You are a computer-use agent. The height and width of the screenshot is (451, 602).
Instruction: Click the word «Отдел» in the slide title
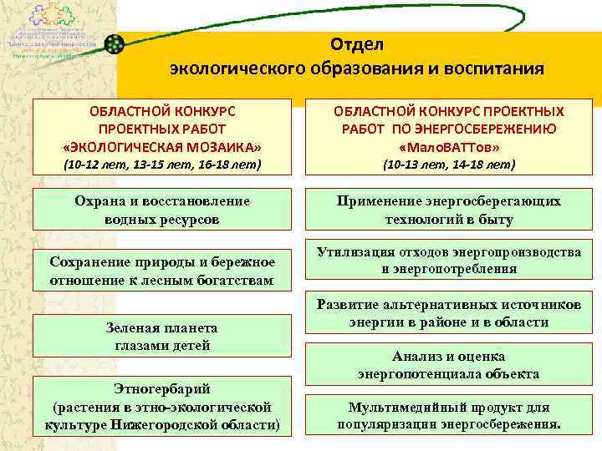coord(357,43)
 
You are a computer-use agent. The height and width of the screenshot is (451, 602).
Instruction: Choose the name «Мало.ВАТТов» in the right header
coord(449,146)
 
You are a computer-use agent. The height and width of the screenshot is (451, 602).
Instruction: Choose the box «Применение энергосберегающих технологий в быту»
coord(449,211)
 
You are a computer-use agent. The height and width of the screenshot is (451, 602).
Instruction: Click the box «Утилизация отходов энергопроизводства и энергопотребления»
coord(449,261)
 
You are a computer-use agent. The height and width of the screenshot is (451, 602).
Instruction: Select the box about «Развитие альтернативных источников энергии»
coord(449,313)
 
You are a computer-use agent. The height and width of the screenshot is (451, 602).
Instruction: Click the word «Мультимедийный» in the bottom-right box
coord(406,408)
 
